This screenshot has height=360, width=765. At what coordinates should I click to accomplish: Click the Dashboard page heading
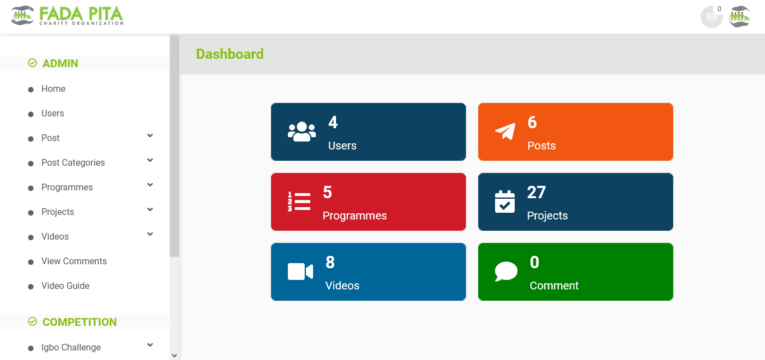[230, 54]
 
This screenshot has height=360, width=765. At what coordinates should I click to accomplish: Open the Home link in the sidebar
[53, 89]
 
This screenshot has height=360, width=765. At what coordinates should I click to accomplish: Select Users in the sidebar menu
[53, 114]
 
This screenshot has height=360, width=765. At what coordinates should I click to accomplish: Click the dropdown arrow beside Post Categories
[150, 160]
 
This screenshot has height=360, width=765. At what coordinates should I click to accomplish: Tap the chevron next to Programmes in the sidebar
[150, 185]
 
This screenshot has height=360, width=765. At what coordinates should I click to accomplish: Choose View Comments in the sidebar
[74, 261]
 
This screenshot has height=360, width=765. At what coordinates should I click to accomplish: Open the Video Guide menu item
[65, 286]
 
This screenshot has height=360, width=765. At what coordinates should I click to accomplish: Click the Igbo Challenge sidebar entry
[71, 347]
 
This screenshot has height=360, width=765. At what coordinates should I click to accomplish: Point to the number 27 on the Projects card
[536, 192]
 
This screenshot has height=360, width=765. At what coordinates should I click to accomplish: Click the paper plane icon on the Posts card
[505, 132]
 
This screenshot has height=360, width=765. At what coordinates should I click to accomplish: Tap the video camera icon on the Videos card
[300, 272]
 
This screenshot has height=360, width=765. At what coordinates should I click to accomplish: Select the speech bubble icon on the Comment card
[506, 272]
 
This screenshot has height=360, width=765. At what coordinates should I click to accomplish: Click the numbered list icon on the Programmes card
[299, 202]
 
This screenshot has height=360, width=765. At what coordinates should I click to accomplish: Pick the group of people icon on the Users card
[301, 132]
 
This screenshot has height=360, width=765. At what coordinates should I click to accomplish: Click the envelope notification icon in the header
[712, 17]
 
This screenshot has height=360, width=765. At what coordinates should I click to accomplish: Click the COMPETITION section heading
[80, 322]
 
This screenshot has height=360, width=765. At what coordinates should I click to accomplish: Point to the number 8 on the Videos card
[330, 263]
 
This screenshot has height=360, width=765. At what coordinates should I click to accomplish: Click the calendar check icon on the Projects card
[505, 202]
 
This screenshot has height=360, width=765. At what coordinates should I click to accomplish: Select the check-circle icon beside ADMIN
[32, 63]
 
